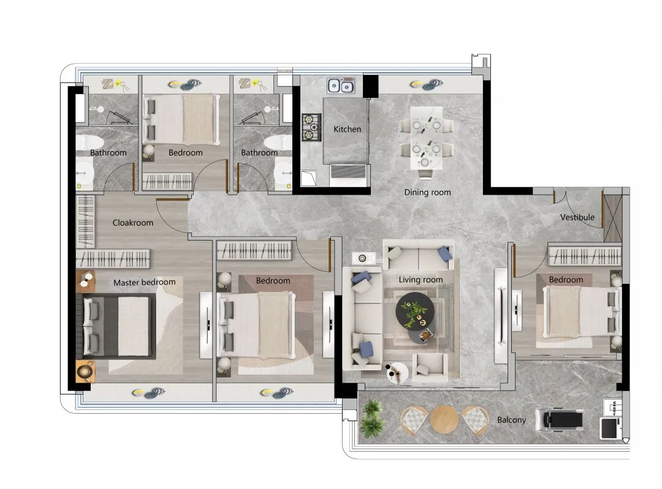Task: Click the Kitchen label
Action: (x=347, y=129)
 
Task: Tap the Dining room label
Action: (x=427, y=193)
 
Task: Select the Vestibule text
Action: (x=577, y=217)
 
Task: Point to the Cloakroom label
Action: (x=132, y=223)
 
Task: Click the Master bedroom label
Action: (x=145, y=282)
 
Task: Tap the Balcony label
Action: (x=511, y=420)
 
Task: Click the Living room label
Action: (x=420, y=280)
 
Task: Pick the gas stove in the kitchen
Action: (x=311, y=127)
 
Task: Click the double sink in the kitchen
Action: (x=340, y=86)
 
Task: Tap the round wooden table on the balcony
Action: (x=444, y=419)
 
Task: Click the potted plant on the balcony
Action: (x=372, y=418)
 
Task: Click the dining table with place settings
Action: (x=427, y=138)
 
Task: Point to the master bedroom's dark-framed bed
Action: (x=116, y=326)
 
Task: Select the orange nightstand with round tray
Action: (x=85, y=370)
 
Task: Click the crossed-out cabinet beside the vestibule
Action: (x=612, y=218)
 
